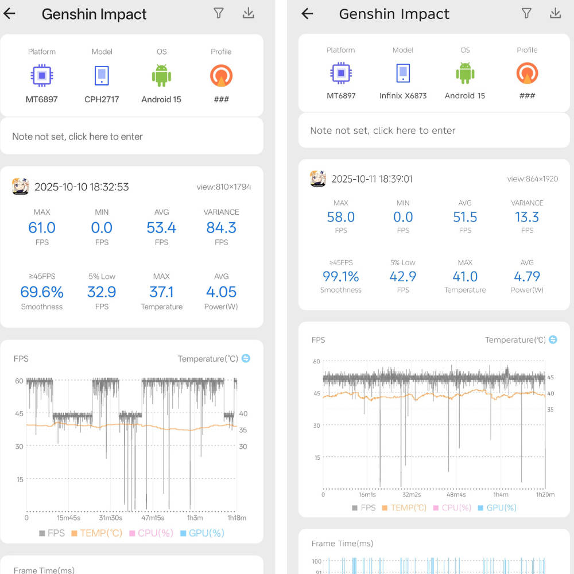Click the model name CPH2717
pos(102,99)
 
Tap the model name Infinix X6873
pos(403,96)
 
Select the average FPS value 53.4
pos(161,228)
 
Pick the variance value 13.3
pos(527,217)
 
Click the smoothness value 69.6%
pos(42,292)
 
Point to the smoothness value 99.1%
pos(341,277)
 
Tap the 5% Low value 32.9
pos(102,292)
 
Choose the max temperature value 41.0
pos(465,277)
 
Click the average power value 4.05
pos(221,292)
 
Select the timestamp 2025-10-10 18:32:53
pos(82,187)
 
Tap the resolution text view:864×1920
pos(533,179)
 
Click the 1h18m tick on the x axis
pos(237,518)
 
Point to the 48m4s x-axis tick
pos(456,495)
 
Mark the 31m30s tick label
pos(110,518)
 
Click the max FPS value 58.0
pos(341,217)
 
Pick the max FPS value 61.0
pos(42,228)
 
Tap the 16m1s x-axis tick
pos(367,495)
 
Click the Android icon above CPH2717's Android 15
pos(161,76)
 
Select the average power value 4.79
pos(527,277)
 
